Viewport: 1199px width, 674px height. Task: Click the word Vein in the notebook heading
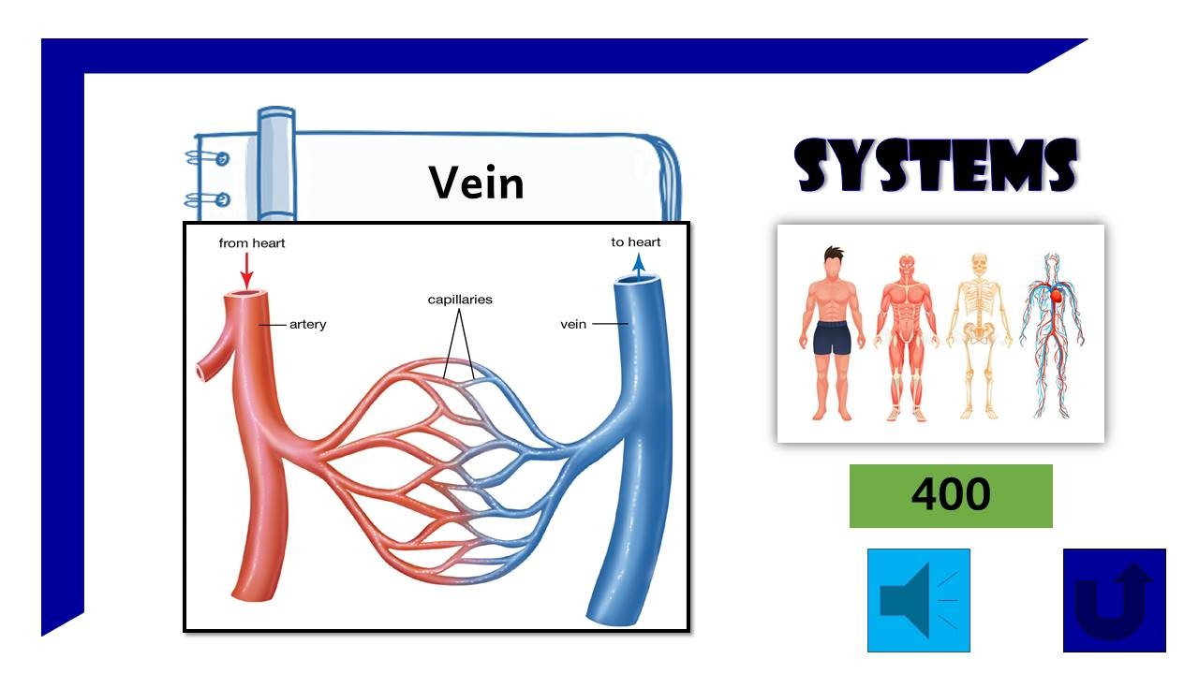click(476, 182)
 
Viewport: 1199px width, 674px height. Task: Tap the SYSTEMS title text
click(936, 167)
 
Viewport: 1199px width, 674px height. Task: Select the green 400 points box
click(950, 495)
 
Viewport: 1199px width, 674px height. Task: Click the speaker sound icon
click(918, 600)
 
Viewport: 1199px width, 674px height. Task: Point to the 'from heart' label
click(252, 243)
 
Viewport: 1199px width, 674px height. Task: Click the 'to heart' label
click(636, 242)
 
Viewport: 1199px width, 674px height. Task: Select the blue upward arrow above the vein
click(638, 266)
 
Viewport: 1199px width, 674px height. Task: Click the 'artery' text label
click(307, 325)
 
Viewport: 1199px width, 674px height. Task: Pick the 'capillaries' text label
click(460, 300)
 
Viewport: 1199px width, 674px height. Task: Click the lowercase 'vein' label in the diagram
click(573, 325)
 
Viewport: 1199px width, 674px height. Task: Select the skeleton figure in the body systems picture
click(980, 334)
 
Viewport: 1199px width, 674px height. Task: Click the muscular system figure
click(907, 334)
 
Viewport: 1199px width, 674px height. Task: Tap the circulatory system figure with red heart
click(1052, 334)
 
